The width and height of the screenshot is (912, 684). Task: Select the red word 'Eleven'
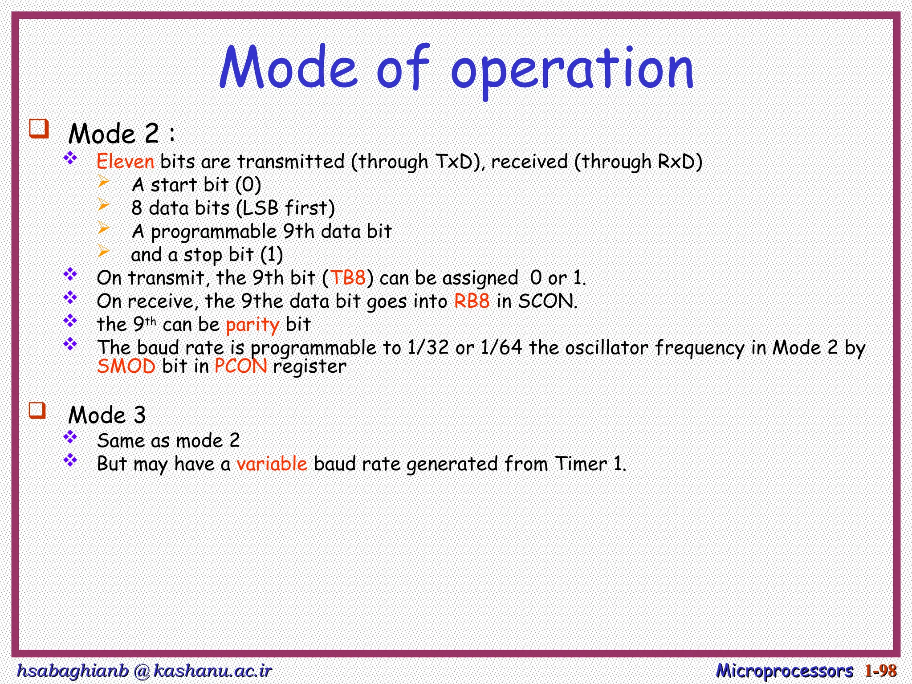pos(126,161)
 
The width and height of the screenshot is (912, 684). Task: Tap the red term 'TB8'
pos(348,278)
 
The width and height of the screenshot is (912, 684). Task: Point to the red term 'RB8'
pos(472,301)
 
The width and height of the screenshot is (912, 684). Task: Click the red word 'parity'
pos(252,325)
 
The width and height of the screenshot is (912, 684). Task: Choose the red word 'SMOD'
pos(126,366)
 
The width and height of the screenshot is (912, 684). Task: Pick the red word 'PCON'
pos(241,366)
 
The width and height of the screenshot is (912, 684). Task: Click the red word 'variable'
pos(272,464)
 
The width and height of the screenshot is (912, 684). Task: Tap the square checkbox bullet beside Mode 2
pos(39,129)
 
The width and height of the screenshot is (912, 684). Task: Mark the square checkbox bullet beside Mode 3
pos(38,410)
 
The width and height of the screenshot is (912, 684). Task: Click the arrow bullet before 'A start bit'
pos(103,181)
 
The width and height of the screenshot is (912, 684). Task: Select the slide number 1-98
pos(880,671)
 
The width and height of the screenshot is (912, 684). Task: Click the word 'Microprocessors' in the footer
pos(785,671)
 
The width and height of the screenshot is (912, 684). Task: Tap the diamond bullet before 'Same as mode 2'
pos(70,437)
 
